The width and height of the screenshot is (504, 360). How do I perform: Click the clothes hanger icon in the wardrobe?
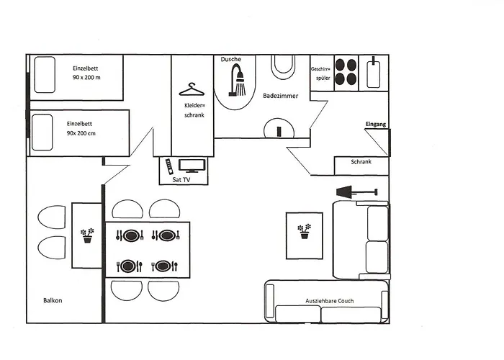pos(192,90)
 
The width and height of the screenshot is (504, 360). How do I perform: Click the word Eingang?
pos(376,125)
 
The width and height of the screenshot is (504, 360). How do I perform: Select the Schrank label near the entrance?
pos(361,162)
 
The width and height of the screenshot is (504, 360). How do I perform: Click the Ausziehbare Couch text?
pos(330,301)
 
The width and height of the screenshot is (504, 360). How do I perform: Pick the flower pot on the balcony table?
pos(87,235)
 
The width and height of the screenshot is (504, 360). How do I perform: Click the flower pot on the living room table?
pos(305,231)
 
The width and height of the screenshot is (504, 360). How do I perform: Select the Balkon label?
pos(53,300)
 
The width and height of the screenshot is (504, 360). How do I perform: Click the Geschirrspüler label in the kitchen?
pos(321,73)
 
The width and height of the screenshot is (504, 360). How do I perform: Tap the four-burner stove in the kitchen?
pos(346,71)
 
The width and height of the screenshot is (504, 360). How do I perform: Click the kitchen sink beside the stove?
pos(374,72)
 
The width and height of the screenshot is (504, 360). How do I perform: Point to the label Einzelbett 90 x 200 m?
pos(87,72)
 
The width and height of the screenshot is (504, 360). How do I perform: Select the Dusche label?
pos(231,59)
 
